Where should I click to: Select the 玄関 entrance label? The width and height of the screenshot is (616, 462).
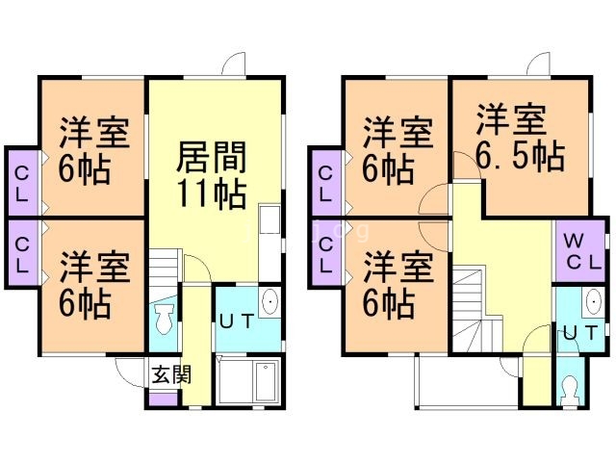point(164,374)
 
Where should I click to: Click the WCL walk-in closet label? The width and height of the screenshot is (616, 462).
point(579,250)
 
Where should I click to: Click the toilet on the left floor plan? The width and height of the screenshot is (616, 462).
point(163,319)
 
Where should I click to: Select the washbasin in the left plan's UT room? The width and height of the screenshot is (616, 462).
point(270,302)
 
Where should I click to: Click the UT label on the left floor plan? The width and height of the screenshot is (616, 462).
point(236,321)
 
